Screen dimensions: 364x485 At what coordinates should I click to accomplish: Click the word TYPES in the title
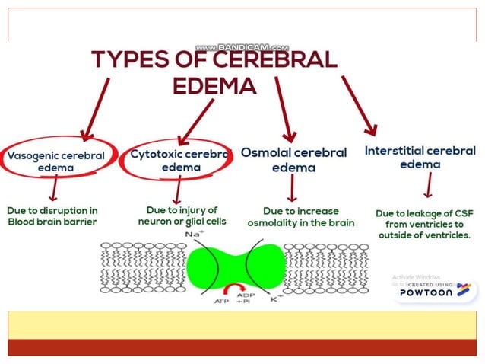tap(128, 60)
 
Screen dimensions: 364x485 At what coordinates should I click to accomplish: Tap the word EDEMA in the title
tap(214, 86)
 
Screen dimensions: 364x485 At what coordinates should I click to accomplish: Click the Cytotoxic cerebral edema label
tap(179, 160)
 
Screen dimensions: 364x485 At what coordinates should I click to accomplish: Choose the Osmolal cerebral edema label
tap(293, 160)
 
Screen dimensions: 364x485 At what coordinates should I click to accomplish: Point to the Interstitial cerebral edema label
tap(420, 157)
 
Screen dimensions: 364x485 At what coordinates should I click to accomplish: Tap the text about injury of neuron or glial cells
tap(182, 216)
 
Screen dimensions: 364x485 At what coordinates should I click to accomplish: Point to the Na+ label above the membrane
tap(194, 235)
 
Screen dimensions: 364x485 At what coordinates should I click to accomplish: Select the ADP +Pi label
tap(245, 298)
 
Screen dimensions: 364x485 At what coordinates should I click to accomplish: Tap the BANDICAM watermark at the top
tap(242, 47)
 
